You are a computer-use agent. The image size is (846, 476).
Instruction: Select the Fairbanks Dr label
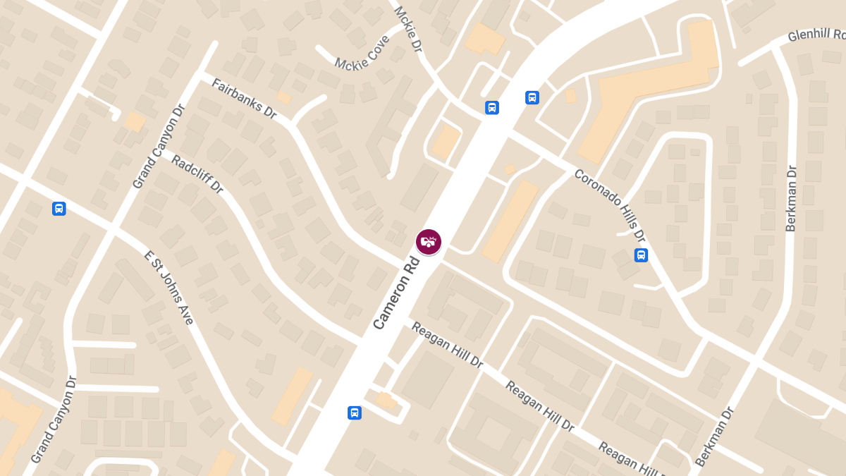tap(244, 98)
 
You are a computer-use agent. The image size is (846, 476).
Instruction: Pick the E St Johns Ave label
tap(168, 287)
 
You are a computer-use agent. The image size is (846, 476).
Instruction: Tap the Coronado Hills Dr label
tap(610, 205)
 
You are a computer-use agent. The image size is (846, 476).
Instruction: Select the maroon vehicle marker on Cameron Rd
tap(428, 242)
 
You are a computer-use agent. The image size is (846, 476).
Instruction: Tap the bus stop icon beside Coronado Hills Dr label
tap(641, 255)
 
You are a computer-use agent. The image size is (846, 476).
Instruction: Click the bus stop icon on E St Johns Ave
tap(59, 209)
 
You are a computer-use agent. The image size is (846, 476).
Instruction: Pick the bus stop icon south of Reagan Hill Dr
tap(355, 413)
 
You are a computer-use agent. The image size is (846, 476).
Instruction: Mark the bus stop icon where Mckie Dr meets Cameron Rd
tap(492, 108)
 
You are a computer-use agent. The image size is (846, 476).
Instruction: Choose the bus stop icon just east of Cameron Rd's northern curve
tap(532, 98)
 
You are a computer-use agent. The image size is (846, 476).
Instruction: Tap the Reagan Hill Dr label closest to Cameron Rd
tap(447, 346)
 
